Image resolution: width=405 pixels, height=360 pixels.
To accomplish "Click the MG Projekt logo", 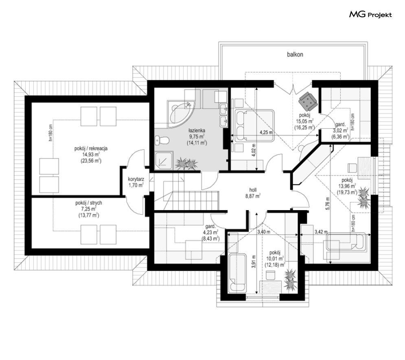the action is (x=370, y=15).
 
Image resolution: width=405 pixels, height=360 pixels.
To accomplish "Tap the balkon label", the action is (x=295, y=55).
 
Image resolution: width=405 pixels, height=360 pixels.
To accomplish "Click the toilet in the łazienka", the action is (x=162, y=141).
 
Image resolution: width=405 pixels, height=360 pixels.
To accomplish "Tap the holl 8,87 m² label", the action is (x=253, y=193).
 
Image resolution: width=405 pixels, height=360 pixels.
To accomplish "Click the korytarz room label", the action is (x=136, y=182).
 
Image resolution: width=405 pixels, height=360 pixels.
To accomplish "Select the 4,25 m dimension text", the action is (x=266, y=133).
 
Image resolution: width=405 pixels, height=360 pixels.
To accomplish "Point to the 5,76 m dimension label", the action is (x=328, y=204).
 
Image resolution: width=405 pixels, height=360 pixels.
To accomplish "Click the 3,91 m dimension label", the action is (x=254, y=261).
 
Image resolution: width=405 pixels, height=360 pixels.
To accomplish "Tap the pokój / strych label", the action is (x=89, y=203).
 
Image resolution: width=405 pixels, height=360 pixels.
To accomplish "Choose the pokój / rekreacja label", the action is (x=91, y=149).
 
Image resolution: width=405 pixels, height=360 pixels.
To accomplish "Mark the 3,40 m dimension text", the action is (x=264, y=232).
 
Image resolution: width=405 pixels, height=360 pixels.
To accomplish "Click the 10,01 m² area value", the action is (x=274, y=258).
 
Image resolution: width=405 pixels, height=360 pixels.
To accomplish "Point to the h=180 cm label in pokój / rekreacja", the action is (x=50, y=133).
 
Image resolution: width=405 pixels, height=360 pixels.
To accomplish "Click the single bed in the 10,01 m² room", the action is (x=237, y=273).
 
